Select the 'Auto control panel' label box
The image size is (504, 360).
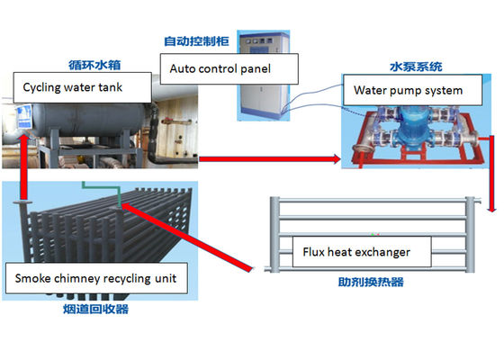[220, 67]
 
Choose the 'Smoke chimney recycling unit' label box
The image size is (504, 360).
[97, 279]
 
